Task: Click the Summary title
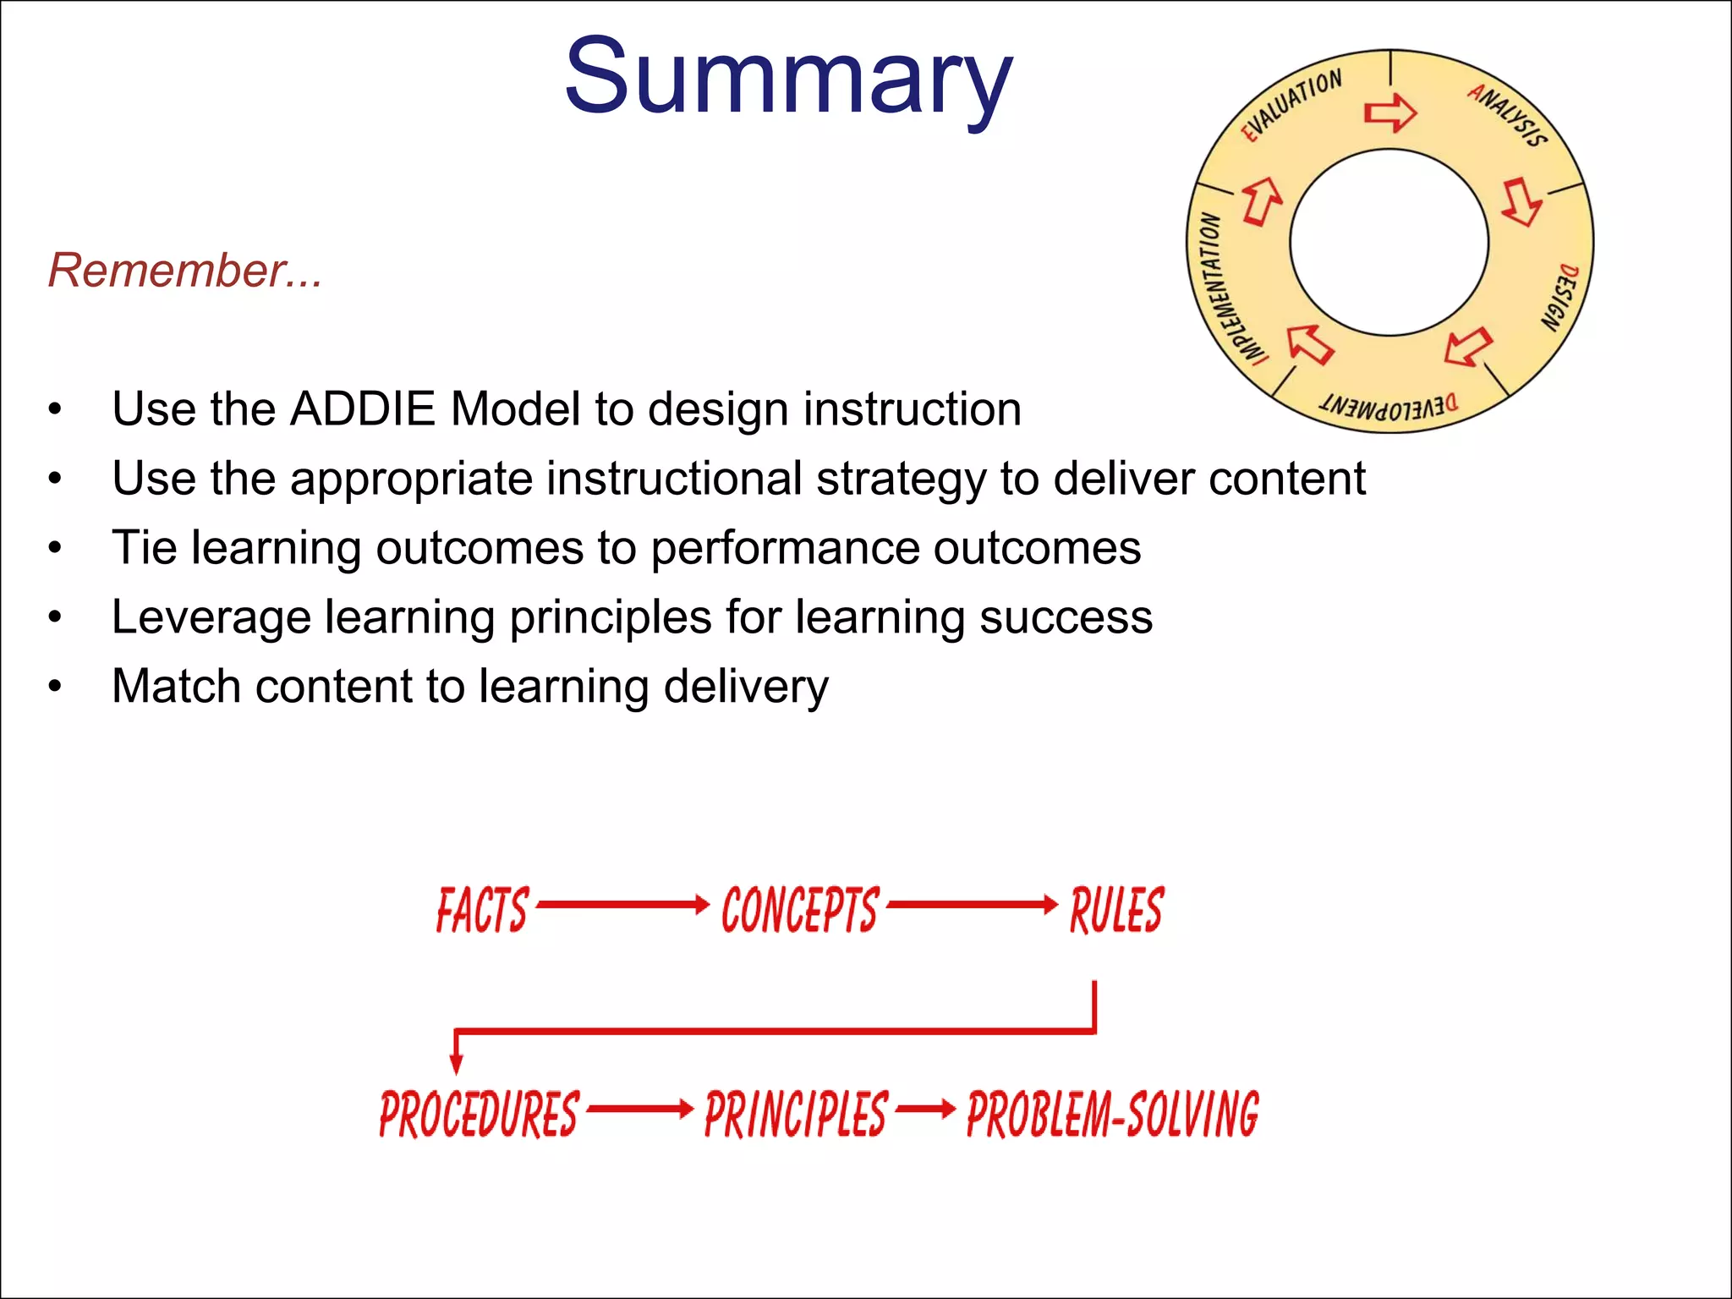[787, 78]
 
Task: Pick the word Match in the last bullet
[175, 686]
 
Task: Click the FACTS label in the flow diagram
[482, 910]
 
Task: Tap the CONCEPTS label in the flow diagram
[799, 910]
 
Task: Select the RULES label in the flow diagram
[1116, 910]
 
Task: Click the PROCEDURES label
[479, 1114]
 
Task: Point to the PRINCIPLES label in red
[796, 1114]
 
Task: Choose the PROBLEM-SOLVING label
[1112, 1114]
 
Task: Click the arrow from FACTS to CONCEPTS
[622, 904]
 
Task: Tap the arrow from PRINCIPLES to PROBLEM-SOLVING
[925, 1108]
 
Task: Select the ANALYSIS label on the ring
[1508, 115]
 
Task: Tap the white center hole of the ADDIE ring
[1389, 243]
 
